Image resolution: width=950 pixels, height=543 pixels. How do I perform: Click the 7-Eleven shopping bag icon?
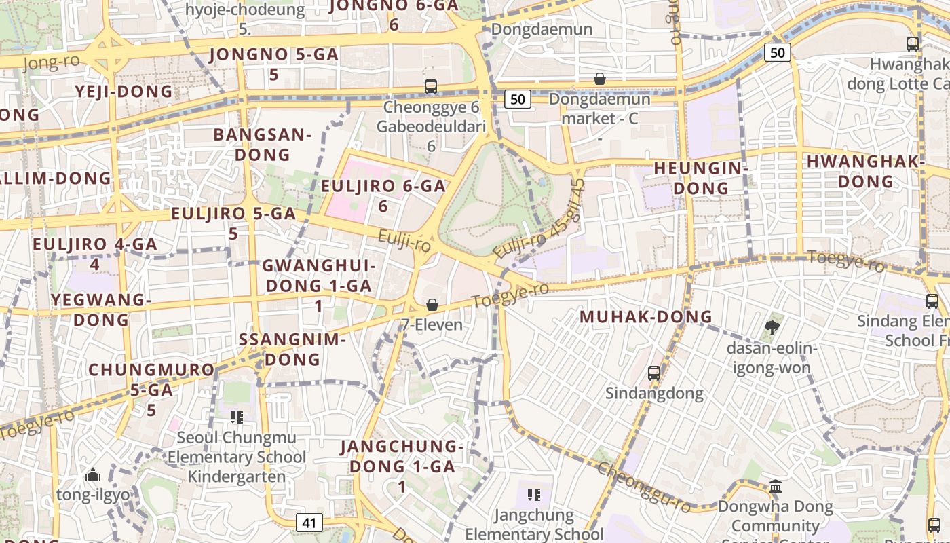tap(432, 305)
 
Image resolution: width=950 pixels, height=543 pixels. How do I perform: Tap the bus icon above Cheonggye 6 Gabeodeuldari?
tap(431, 86)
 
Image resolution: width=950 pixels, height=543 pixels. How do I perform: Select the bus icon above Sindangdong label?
tap(653, 373)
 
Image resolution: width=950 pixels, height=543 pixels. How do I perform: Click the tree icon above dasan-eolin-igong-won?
tap(772, 329)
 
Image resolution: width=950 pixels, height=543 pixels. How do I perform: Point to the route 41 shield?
tap(309, 523)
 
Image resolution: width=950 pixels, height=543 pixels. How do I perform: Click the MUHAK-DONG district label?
tap(645, 317)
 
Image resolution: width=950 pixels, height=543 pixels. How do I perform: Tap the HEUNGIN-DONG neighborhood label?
tap(700, 178)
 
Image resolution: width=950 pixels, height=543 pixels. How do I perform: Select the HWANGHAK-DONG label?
tap(865, 171)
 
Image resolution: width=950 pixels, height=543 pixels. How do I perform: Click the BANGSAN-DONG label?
tap(262, 144)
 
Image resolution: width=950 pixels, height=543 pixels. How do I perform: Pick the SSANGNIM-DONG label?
tap(292, 349)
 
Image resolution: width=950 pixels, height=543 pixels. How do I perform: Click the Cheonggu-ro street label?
tap(645, 487)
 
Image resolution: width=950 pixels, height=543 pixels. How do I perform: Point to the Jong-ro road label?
tap(51, 62)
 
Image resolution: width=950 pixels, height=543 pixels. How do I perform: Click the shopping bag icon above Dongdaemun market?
tap(599, 79)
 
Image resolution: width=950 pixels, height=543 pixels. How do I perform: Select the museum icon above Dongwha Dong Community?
tap(776, 486)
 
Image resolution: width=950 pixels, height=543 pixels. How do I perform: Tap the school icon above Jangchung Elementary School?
tap(533, 494)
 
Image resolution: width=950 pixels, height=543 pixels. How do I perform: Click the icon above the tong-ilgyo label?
tap(93, 474)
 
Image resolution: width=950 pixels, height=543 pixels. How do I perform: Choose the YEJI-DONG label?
tap(123, 92)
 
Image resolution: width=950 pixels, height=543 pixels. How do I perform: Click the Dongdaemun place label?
tap(541, 29)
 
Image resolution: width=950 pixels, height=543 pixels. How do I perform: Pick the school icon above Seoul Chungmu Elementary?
tap(236, 417)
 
